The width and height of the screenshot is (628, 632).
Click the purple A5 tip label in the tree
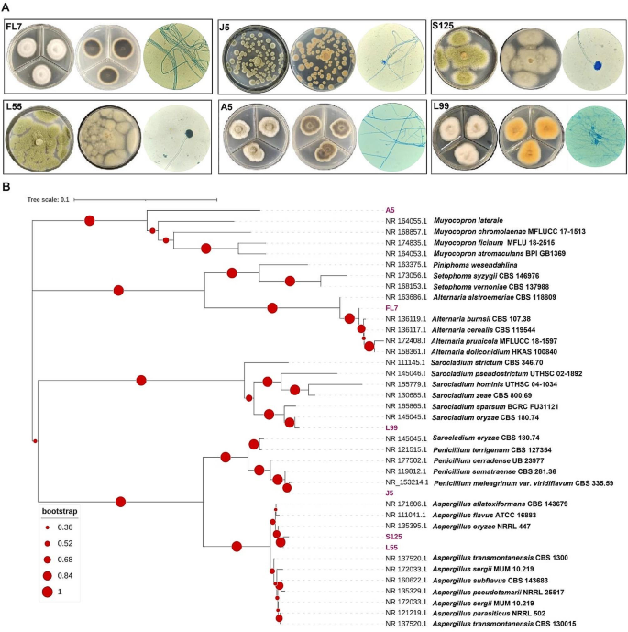390,210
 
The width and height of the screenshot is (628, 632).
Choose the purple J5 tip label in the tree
390,493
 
